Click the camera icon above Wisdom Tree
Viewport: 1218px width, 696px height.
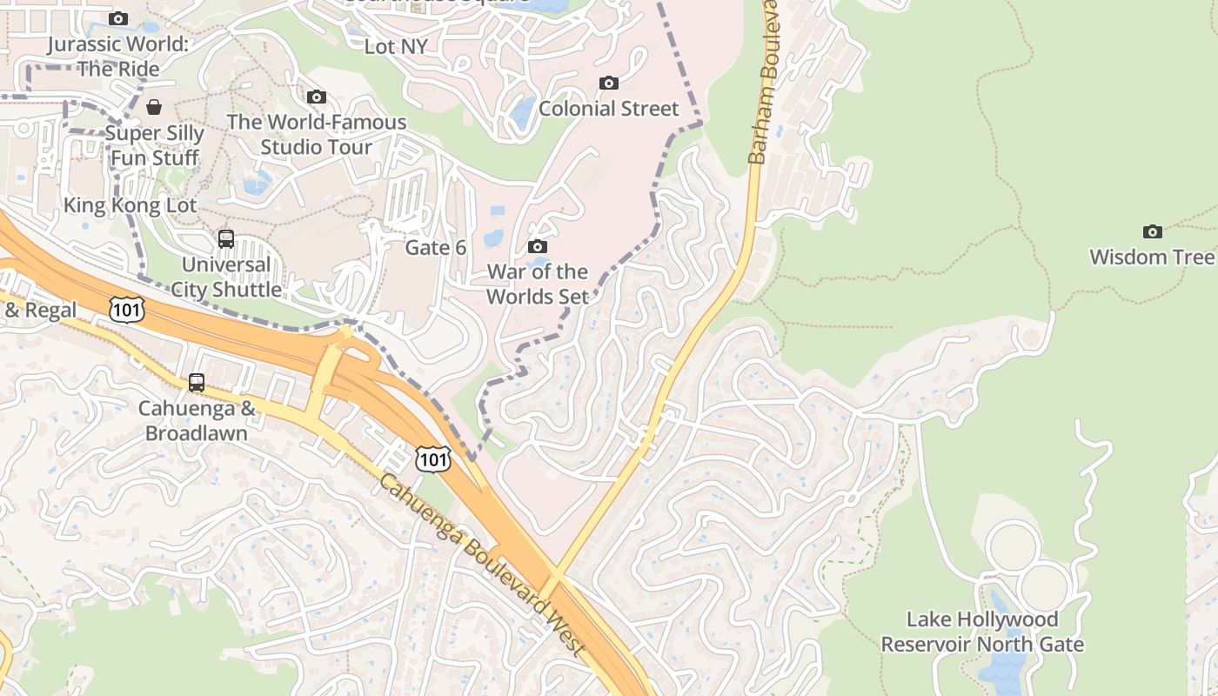click(x=1153, y=231)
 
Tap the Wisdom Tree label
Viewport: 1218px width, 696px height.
click(x=1151, y=257)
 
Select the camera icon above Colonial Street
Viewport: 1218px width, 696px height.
click(x=609, y=83)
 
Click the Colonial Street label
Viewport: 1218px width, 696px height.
click(x=608, y=109)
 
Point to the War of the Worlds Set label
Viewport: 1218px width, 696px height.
click(x=537, y=284)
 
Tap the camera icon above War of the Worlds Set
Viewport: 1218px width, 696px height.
click(x=538, y=247)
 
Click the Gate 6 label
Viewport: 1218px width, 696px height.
click(x=436, y=248)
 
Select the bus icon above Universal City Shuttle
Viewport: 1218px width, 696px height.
click(x=226, y=238)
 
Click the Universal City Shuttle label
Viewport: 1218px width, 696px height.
click(x=226, y=277)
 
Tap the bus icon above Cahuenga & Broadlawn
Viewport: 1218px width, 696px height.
click(x=197, y=382)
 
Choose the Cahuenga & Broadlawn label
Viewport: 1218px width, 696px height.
click(x=197, y=420)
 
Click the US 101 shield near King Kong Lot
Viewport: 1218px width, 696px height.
click(x=127, y=308)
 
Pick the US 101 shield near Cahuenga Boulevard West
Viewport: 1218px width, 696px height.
click(x=432, y=458)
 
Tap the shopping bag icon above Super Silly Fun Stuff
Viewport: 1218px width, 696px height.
click(x=154, y=107)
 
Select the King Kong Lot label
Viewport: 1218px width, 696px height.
click(x=130, y=206)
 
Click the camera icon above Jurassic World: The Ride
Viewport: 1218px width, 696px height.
click(x=118, y=18)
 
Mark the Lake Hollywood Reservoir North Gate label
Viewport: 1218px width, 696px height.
click(x=982, y=632)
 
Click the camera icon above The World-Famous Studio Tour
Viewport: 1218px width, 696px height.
click(x=317, y=97)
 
